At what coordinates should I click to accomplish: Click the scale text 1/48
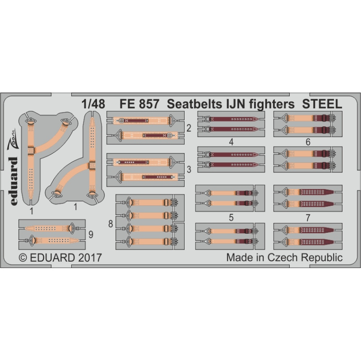(93, 104)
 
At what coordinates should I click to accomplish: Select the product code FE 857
(139, 104)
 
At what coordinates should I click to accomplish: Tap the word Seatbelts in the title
(193, 104)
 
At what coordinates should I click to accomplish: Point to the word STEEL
(322, 104)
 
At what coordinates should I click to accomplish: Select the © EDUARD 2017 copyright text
(60, 258)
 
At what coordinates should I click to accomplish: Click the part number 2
(189, 128)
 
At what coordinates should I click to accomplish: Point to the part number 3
(189, 170)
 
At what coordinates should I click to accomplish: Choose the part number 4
(231, 142)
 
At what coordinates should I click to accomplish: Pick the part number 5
(231, 218)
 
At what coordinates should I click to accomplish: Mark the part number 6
(308, 142)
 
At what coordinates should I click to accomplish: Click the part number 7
(308, 218)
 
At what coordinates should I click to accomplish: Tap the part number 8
(111, 224)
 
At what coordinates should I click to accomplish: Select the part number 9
(91, 235)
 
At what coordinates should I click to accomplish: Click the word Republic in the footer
(322, 258)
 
